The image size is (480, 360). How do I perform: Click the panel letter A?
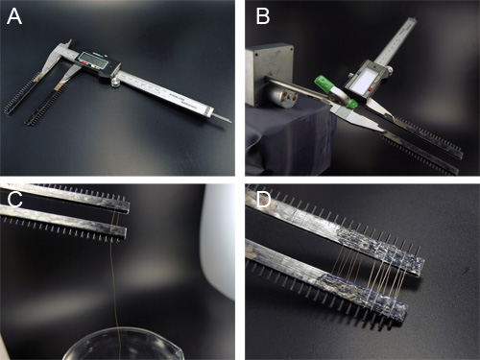14,16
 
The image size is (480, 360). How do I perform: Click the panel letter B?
263,16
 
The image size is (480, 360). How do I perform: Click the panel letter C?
14,200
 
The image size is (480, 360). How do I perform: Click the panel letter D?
264,200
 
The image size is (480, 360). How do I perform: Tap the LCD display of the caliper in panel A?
92,60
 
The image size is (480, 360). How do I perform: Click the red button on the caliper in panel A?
85,62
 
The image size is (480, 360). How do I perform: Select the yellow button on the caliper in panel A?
93,67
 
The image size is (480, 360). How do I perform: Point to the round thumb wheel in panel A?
114,83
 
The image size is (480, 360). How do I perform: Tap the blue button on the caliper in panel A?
102,55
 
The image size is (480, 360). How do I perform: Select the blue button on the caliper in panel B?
358,73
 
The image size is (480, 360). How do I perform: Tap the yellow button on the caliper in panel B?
374,83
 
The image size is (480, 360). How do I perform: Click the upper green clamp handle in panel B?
324,83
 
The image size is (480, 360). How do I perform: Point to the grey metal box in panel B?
270,75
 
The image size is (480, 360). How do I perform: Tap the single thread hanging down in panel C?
114,288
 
